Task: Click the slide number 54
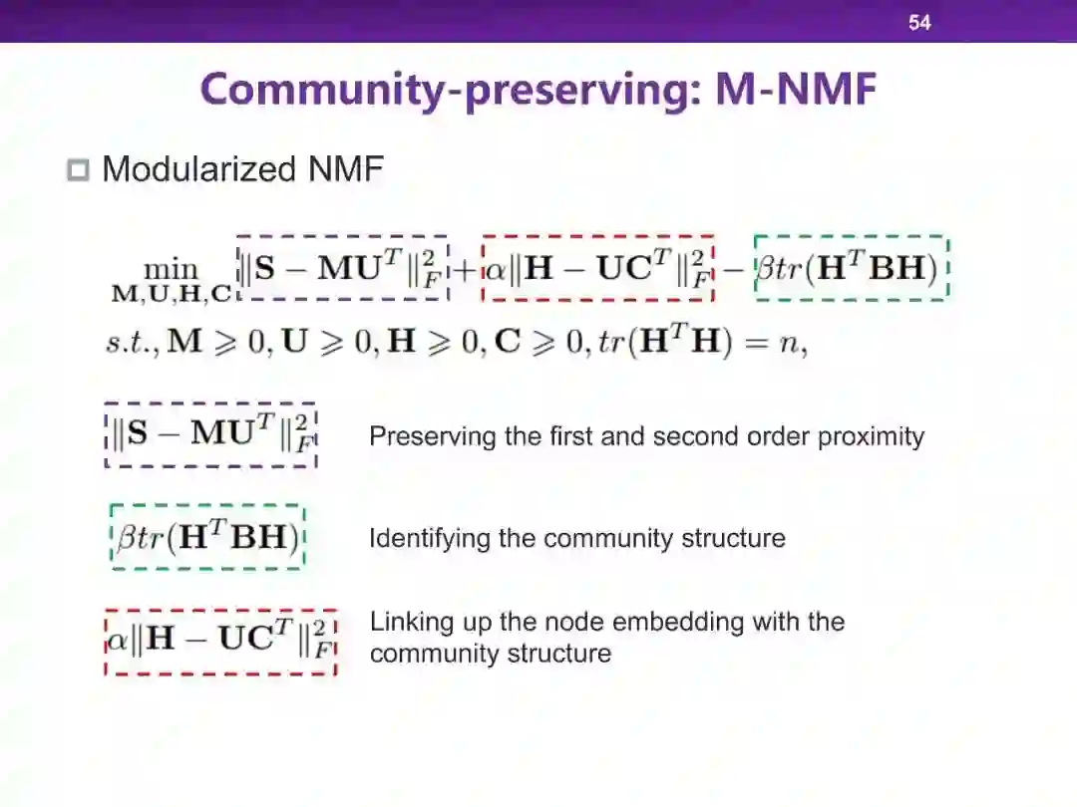[919, 22]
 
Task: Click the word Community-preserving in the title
[451, 91]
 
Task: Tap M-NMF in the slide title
[796, 91]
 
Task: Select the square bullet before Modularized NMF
[78, 170]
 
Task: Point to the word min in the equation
[172, 269]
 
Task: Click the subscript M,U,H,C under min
[172, 294]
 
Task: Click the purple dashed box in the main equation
[343, 268]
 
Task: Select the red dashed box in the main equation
[597, 268]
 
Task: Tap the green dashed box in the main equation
[852, 267]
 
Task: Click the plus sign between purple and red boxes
[465, 269]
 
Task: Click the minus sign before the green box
[734, 269]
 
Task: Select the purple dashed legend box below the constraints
[211, 435]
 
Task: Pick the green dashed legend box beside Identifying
[207, 537]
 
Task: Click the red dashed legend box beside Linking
[220, 641]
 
